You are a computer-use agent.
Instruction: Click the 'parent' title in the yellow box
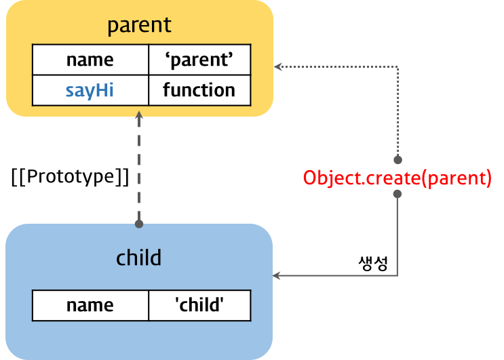pos(139,26)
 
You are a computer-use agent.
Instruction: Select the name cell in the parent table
pos(90,60)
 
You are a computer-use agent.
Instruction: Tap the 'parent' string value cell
pos(199,60)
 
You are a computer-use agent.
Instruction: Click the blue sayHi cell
pos(90,90)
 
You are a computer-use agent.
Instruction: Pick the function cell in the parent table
pos(199,90)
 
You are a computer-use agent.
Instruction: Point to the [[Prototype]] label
pos(70,177)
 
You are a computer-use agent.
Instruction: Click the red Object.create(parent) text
pos(398,178)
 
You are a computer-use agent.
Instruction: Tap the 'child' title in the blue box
pos(138,258)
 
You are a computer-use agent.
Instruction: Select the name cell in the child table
pos(90,305)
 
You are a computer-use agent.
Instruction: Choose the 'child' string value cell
pos(199,305)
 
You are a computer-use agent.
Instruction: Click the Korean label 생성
pos(373,263)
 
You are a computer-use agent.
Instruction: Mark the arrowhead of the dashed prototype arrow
pos(139,115)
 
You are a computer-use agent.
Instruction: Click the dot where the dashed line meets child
pos(139,224)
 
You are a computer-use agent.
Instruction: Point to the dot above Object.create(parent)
pos(398,159)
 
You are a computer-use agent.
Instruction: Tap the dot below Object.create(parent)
pos(398,194)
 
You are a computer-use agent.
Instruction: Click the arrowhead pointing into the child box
pos(276,275)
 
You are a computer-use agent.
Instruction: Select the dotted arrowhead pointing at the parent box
pos(277,66)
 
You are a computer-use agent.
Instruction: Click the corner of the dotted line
pos(398,67)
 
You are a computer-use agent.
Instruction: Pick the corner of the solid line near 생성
pos(398,275)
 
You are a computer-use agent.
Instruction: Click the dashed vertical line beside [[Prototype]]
pos(139,169)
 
